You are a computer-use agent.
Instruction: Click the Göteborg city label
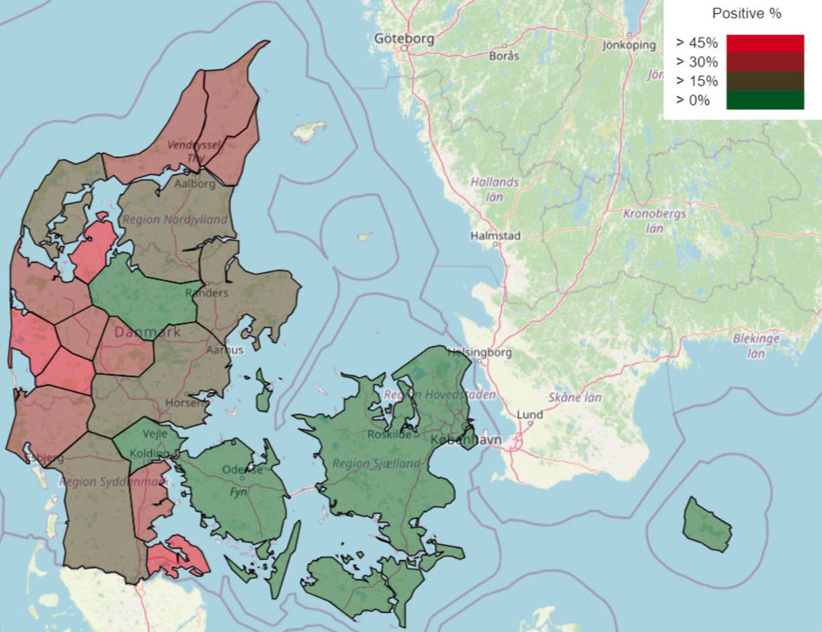404,38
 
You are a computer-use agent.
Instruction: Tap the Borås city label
504,56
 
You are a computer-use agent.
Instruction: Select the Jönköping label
629,44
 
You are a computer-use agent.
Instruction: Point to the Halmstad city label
495,236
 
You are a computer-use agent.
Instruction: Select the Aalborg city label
196,185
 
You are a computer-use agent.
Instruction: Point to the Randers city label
206,293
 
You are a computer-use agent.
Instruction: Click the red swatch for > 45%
765,44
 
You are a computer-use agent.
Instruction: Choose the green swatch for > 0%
765,100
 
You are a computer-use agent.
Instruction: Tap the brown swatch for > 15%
765,81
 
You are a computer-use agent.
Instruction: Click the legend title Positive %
746,14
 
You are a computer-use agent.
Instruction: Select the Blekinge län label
756,345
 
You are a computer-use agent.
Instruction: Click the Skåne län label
574,397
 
